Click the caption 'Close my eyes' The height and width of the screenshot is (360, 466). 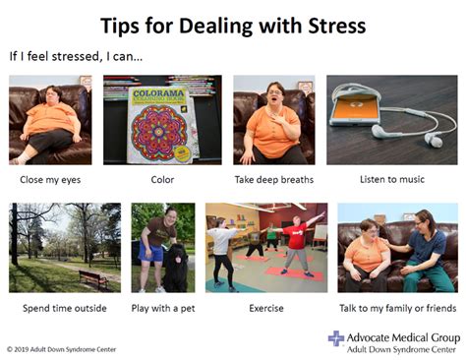click(50, 180)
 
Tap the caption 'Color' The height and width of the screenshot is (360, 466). click(161, 180)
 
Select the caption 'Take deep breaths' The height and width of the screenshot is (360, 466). click(274, 180)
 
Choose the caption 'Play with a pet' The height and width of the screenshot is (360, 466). click(163, 308)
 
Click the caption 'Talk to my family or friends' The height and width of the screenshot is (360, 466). click(397, 308)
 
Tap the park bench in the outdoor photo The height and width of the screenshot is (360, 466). click(94, 278)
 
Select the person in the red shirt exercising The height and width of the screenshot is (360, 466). click(295, 243)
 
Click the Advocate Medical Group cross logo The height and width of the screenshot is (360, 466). click(335, 339)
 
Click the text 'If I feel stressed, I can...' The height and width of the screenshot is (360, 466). click(76, 56)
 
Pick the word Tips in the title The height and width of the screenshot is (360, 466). click(125, 23)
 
